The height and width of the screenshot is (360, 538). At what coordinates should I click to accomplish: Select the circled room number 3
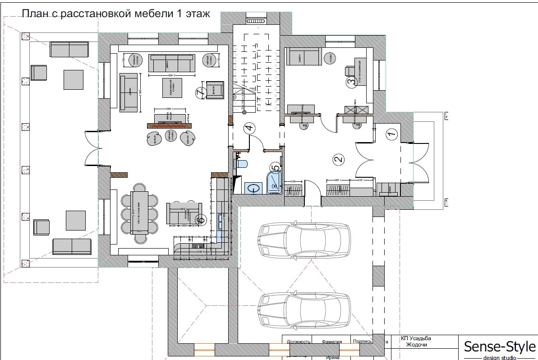[x=350, y=82]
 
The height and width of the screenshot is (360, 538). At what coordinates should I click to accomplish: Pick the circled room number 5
[x=275, y=168]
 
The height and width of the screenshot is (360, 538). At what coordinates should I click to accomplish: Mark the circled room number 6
[x=201, y=220]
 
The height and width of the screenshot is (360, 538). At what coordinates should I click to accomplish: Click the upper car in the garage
[x=303, y=236]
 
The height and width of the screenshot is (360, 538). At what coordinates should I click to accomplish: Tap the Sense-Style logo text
[x=500, y=346]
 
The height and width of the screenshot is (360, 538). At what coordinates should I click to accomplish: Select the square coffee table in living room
[x=172, y=88]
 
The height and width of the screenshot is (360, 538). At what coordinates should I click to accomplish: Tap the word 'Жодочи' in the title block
[x=416, y=345]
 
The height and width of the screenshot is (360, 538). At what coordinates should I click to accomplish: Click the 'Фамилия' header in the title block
[x=331, y=342]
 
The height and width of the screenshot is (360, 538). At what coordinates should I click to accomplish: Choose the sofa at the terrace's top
[x=69, y=50]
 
